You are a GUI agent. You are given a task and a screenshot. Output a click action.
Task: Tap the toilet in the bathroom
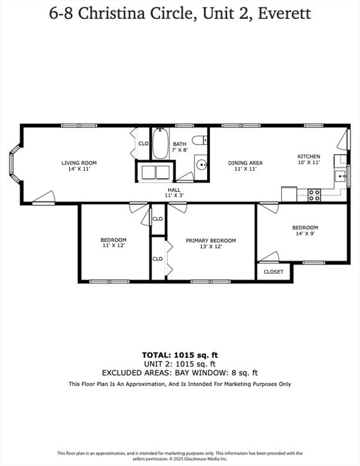point(200,140)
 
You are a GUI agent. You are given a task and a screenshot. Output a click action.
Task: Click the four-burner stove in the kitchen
point(314,195)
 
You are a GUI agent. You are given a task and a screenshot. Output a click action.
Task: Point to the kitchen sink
point(341,177)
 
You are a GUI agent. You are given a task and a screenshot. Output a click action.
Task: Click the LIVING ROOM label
point(79,163)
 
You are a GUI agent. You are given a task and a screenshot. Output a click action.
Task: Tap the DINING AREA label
point(245,163)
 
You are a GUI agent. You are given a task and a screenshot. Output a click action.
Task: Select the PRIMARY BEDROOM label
point(211,240)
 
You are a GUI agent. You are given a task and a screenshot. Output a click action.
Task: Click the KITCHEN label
point(308,156)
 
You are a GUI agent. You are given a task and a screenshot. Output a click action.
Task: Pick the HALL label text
point(174,190)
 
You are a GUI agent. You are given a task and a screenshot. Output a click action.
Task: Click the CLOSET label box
point(273,272)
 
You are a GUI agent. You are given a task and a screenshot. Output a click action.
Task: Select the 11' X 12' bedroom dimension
point(114,246)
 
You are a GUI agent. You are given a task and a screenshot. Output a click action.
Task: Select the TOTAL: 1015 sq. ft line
point(180,354)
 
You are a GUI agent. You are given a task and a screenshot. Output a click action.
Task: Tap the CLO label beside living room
point(143,144)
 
